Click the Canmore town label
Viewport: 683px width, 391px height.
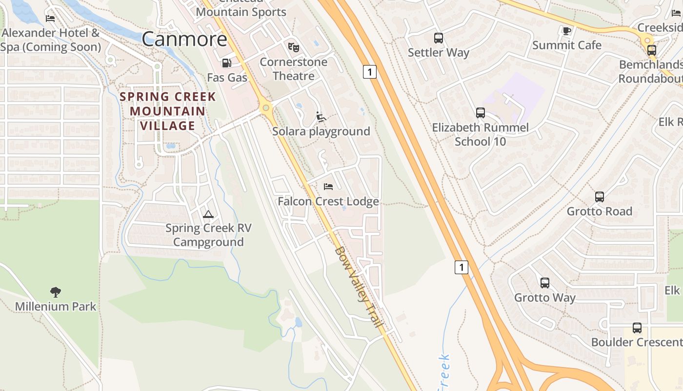click(x=184, y=39)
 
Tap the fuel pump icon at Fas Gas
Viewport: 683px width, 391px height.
click(x=226, y=63)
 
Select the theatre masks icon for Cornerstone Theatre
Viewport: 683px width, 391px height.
click(x=293, y=47)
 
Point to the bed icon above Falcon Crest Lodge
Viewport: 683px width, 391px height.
click(x=328, y=187)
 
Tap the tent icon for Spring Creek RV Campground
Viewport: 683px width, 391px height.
click(x=208, y=214)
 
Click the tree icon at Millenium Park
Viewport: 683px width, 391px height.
click(x=56, y=292)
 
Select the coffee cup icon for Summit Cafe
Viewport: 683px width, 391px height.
click(x=566, y=31)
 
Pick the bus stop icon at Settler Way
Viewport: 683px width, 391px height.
click(x=439, y=38)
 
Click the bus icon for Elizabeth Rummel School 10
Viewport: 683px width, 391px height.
click(x=481, y=113)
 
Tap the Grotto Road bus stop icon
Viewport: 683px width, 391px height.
click(x=600, y=197)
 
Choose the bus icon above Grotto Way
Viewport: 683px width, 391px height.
click(x=545, y=283)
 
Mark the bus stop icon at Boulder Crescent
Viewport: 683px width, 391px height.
click(x=637, y=328)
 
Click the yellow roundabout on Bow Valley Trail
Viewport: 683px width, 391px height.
click(x=265, y=107)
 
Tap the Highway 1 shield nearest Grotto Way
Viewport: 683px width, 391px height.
click(x=462, y=267)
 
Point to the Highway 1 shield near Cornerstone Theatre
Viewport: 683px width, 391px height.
click(x=370, y=72)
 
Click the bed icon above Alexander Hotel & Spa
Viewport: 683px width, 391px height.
click(x=50, y=19)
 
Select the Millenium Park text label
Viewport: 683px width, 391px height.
click(x=56, y=306)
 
